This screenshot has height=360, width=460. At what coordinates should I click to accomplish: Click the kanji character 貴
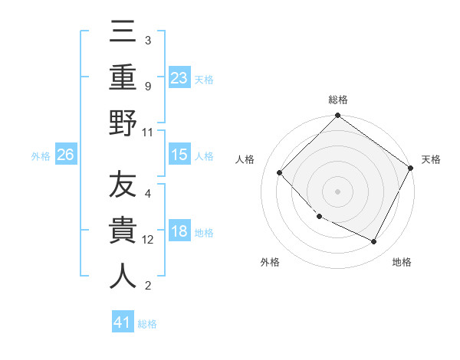coord(123,231)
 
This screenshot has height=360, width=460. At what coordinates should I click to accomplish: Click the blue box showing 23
coord(179,77)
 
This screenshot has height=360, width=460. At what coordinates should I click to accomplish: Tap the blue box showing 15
coord(179,155)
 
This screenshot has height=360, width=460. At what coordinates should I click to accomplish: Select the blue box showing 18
coord(179,232)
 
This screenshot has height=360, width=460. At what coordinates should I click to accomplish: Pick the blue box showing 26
coord(65,155)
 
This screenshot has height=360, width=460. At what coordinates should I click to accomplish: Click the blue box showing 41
coord(123,322)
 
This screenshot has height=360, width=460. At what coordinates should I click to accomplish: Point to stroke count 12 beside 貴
coord(149,240)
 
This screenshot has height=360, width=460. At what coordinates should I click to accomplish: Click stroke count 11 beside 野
coord(148,132)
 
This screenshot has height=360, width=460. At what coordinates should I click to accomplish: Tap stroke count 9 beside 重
coord(148,87)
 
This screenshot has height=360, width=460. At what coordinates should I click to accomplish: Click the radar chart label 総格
coord(337,100)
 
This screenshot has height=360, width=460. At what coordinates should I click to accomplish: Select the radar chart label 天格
coord(432,159)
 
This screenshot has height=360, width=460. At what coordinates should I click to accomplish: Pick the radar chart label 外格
coord(270,262)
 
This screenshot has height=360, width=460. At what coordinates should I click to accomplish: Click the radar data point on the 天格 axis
coord(410,168)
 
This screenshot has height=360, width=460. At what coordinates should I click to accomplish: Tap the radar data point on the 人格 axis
coord(280,173)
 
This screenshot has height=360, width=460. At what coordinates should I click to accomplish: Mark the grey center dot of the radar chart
coord(337,191)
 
